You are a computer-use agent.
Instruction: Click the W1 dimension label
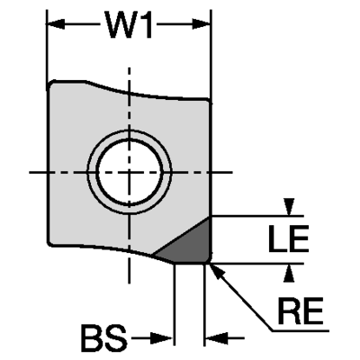tap(130, 24)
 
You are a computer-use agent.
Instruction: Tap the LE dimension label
tap(288, 238)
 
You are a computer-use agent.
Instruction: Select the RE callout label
tap(301, 310)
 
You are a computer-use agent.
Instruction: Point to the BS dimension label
tap(104, 338)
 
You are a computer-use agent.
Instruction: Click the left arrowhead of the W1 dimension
tap(56, 24)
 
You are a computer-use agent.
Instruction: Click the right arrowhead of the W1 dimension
tap(201, 24)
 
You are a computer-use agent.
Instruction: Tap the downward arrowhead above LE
tap(289, 207)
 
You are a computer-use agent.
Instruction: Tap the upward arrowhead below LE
tap(289, 273)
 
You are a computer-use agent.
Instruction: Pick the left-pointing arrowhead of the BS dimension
tap(217, 338)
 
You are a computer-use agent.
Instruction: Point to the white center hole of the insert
tap(130, 172)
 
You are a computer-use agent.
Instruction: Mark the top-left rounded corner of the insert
tap(51, 84)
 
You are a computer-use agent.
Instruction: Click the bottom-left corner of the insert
tap(50, 243)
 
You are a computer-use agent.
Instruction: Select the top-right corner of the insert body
tap(209, 100)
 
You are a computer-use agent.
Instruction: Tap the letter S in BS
tap(116, 338)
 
